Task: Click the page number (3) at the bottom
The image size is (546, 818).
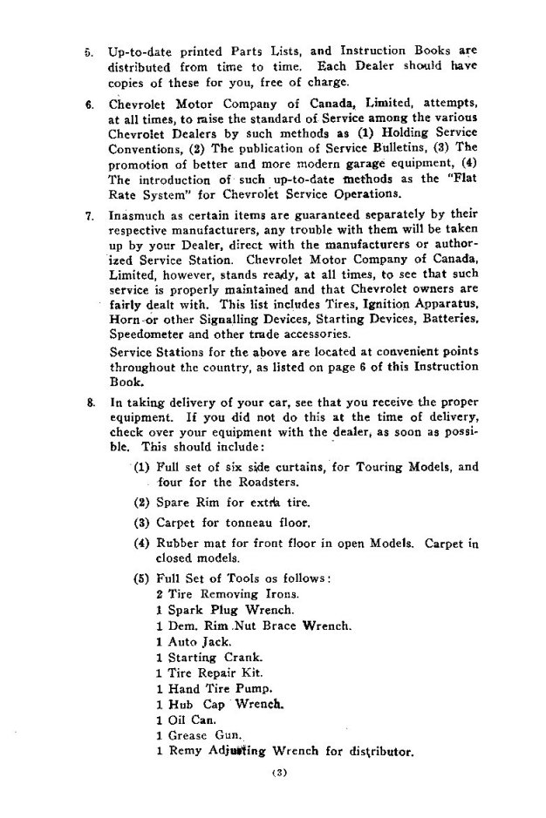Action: tap(273, 773)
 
